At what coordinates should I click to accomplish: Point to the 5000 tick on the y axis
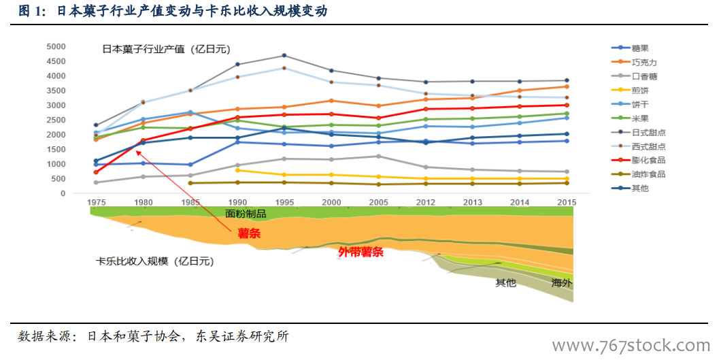coord(56,46)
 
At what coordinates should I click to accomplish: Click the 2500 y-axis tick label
coord(56,120)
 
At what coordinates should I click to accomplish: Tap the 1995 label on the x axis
coord(284,203)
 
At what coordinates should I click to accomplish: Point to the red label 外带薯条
coord(360,252)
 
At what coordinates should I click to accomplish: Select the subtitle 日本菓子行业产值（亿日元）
coord(166,49)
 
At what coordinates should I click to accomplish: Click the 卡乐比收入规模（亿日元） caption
coord(155,261)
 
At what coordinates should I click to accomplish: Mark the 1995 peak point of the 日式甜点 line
coord(284,55)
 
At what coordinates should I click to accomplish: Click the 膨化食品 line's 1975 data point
coord(96,172)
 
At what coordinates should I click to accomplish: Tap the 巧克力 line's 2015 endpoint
coord(567,86)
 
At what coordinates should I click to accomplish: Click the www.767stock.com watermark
coord(632,345)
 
